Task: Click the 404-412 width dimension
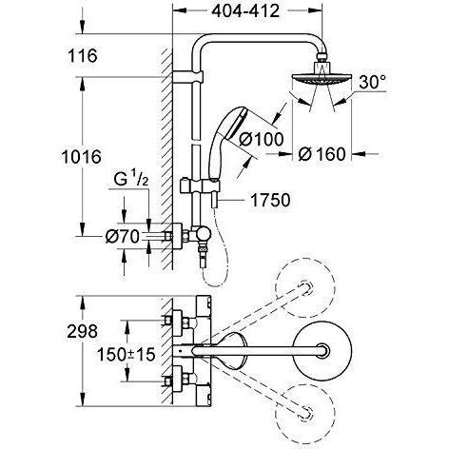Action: point(245,11)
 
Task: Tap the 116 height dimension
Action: point(83,55)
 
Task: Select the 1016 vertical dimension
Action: point(82,157)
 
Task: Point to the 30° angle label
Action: point(373,82)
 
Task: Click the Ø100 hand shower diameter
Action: point(261,139)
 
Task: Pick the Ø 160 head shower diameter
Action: point(322,154)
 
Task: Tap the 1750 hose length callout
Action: point(270,200)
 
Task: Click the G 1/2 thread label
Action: point(130,180)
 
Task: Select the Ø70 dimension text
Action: point(123,237)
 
